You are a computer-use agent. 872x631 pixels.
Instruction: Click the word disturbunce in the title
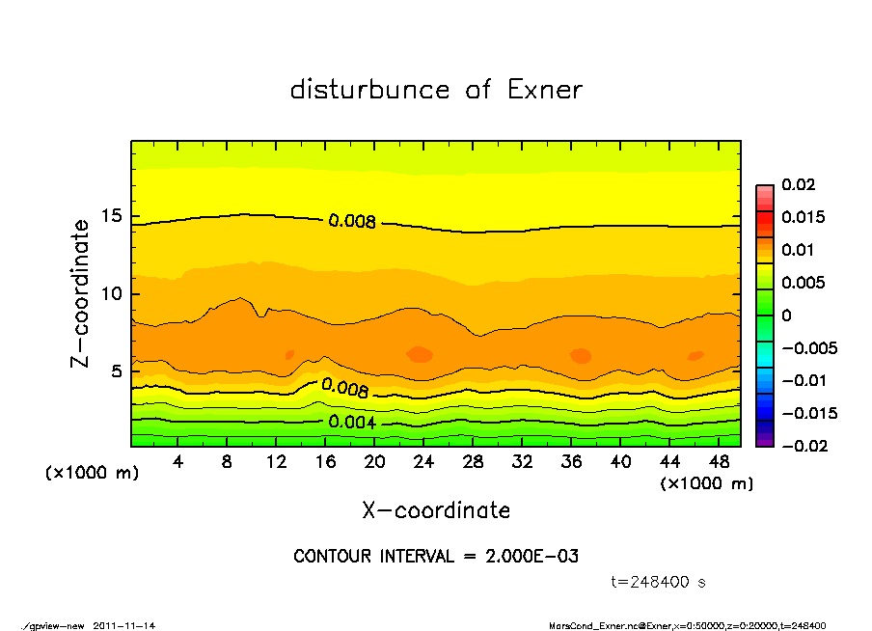tap(369, 90)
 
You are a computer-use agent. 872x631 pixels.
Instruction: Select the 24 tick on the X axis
tap(424, 462)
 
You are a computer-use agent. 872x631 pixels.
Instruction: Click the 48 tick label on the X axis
tap(719, 462)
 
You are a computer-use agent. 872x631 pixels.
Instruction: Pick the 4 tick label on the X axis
tap(178, 462)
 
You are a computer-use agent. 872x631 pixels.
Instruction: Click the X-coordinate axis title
tap(436, 510)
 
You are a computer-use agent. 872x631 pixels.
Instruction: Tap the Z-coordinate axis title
tap(81, 292)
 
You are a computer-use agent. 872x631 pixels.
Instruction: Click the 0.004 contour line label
tap(352, 423)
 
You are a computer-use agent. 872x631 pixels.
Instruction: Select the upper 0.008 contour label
tap(352, 221)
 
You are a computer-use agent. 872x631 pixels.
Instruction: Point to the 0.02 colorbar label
tap(799, 184)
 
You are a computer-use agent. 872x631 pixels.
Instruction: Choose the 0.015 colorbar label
tap(803, 217)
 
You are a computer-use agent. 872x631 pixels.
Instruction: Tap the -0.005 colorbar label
tap(807, 347)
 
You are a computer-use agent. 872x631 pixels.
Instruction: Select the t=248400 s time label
tap(659, 583)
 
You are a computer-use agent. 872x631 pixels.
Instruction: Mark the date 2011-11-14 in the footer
tap(124, 625)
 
